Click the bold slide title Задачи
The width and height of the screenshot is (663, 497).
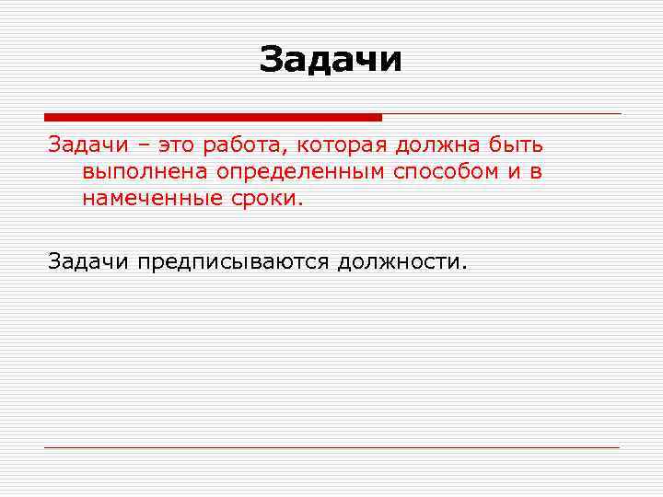click(x=331, y=60)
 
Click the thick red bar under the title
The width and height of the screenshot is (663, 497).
click(x=213, y=117)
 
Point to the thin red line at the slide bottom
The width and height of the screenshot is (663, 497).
click(x=331, y=447)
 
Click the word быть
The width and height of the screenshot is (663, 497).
click(x=518, y=145)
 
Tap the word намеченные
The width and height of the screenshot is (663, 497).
click(x=146, y=198)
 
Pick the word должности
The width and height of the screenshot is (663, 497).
click(x=402, y=262)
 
